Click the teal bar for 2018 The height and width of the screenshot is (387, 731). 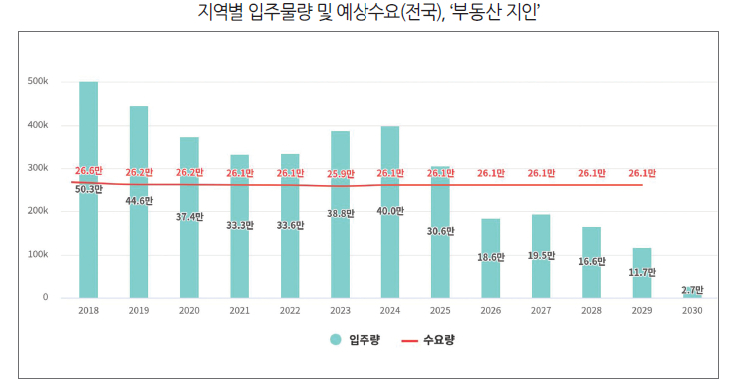88,190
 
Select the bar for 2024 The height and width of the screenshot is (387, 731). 390,212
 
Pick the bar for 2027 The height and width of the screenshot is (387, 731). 541,256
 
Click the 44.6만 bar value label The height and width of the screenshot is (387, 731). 139,201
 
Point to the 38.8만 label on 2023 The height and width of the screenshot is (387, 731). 341,213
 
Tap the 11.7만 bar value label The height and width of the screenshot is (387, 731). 642,272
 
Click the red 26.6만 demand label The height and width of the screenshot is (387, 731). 88,171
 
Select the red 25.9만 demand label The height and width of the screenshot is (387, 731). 341,174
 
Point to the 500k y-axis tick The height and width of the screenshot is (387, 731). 38,81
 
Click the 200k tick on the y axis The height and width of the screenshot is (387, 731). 38,211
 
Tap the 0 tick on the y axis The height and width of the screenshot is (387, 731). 45,297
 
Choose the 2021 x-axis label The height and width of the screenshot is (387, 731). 239,310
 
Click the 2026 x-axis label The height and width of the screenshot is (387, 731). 491,310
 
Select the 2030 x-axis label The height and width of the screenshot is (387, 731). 692,310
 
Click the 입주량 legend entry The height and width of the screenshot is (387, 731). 355,340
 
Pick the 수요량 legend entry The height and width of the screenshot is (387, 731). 428,340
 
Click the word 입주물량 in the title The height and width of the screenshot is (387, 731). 280,12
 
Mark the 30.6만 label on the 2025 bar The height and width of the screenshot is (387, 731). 441,231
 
